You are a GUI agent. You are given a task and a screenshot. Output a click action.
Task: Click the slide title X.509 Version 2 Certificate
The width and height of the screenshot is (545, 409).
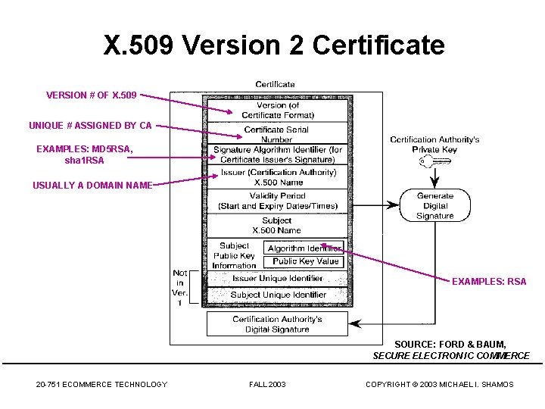274,45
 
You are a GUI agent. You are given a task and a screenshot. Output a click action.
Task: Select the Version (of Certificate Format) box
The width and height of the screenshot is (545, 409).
278,110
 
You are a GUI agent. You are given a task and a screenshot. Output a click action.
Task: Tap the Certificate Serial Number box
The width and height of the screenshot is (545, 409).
277,134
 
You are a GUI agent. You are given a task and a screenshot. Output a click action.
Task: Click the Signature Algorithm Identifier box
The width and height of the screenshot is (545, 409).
277,155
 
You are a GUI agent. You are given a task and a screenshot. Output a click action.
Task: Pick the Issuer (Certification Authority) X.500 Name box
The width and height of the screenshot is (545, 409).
278,177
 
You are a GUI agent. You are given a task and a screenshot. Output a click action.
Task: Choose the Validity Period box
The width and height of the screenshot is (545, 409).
278,201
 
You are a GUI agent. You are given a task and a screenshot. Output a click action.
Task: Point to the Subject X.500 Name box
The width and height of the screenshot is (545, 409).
277,225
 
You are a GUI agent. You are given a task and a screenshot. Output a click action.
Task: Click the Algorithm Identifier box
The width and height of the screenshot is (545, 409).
304,248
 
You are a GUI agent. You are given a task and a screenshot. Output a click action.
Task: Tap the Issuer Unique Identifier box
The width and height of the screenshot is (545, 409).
277,279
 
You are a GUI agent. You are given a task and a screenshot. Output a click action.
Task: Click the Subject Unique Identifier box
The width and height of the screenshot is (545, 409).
278,295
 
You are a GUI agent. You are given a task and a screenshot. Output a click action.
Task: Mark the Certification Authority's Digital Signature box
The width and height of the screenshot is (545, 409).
277,324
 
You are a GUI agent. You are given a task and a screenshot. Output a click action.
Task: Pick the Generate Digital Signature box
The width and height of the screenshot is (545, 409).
434,205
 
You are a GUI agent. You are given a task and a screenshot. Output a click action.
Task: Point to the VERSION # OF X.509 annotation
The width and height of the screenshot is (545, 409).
92,95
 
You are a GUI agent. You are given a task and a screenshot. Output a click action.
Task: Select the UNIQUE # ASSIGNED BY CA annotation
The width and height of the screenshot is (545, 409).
90,125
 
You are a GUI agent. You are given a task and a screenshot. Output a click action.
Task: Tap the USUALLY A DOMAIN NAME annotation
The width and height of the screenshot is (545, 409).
92,185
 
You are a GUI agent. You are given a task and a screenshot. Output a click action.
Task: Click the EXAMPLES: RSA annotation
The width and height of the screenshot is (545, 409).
489,282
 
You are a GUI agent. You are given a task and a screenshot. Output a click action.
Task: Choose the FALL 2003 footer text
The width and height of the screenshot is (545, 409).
267,385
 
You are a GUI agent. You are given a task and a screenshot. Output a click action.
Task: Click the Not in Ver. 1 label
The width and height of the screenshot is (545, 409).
180,288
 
